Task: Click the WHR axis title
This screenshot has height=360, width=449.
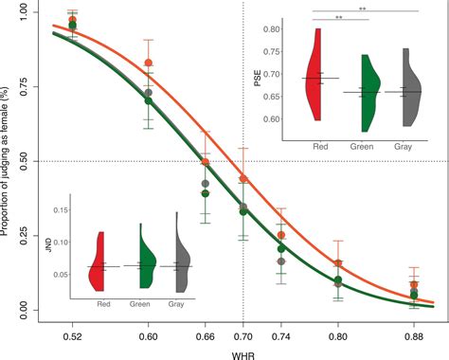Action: [x=243, y=351]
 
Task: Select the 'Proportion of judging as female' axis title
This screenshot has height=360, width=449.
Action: [x=9, y=161]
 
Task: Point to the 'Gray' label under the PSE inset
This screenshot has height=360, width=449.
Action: [x=405, y=147]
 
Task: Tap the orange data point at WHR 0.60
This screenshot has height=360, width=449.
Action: [x=148, y=63]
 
